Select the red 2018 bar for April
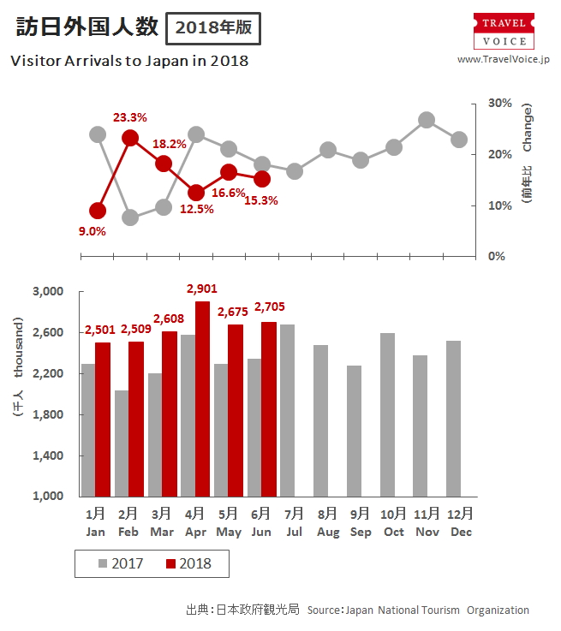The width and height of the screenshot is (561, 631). coord(202,398)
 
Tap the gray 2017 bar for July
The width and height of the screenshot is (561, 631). coord(287,410)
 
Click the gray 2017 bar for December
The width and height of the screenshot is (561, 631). coord(453,418)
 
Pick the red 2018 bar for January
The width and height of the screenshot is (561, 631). coord(103,419)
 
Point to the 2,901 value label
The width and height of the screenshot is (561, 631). coord(201,289)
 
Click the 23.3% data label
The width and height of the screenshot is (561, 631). coord(130,117)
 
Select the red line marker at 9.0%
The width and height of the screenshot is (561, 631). coord(98,211)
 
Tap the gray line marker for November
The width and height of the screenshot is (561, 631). coord(427,120)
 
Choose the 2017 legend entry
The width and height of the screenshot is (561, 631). coord(120,563)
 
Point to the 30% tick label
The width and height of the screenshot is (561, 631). coord(499,103)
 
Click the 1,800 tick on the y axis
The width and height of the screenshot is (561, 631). coord(47,414)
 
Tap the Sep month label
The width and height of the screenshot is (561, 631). coord(361,532)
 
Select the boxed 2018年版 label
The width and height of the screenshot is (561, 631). coord(213,27)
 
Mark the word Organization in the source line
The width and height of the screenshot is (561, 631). coord(498,610)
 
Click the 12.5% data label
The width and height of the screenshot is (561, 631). coord(197,209)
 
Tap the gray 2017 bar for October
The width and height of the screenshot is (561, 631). coord(386,414)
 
